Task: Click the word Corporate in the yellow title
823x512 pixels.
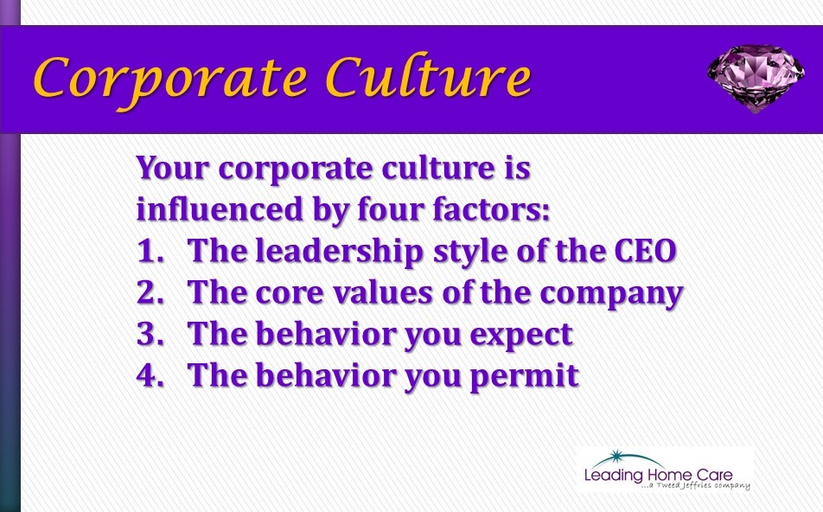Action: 170,80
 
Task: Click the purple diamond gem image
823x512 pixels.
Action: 756,78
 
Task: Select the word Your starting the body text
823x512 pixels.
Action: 173,169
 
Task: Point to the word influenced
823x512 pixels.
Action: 220,209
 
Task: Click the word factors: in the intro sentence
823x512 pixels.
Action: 491,209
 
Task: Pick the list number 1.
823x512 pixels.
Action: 150,251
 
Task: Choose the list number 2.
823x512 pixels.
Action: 150,292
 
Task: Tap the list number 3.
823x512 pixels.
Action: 150,334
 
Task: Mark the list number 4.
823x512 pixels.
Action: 150,375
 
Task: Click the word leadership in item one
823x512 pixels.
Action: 339,252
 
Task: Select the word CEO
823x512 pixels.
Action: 645,251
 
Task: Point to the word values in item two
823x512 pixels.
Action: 383,292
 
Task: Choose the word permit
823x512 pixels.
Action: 525,377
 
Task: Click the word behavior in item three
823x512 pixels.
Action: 325,334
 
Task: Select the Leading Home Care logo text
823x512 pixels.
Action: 658,475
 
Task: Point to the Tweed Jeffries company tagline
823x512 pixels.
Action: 695,486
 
